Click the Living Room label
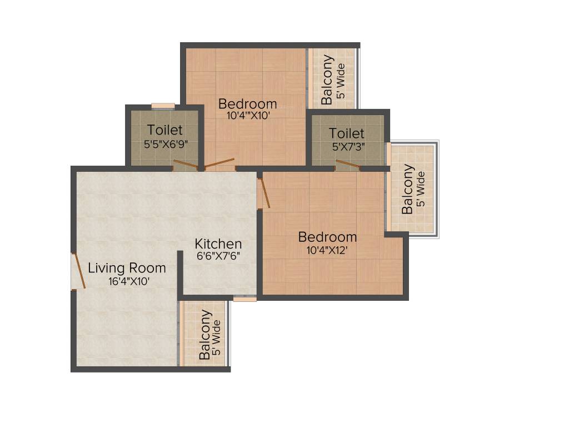(127, 268)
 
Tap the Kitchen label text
(218, 244)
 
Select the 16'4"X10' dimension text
(129, 282)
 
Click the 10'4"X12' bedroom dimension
(327, 250)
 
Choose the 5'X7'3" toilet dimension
(348, 147)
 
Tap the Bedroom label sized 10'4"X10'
(247, 104)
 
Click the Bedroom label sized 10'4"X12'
(327, 237)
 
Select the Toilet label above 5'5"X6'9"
(164, 130)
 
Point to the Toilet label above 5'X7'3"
(347, 133)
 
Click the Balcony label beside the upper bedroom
(327, 79)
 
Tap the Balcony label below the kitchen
(204, 334)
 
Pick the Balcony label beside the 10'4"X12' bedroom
(407, 189)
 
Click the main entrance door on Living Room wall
(79, 271)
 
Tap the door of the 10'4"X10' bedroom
(219, 163)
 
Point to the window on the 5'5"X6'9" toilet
(163, 106)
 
